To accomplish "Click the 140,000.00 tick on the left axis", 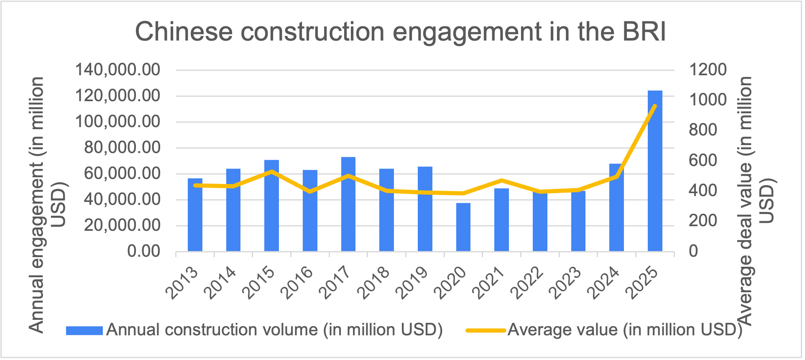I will click(x=118, y=70).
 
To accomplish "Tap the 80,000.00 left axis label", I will click(x=122, y=148).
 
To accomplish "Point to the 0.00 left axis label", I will click(x=144, y=251).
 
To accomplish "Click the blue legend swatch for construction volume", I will click(x=84, y=331).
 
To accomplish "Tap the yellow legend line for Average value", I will click(x=486, y=330).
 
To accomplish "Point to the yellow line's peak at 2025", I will click(x=655, y=106).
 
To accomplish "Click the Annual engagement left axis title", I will click(x=46, y=205).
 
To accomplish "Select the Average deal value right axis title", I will click(x=755, y=201).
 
